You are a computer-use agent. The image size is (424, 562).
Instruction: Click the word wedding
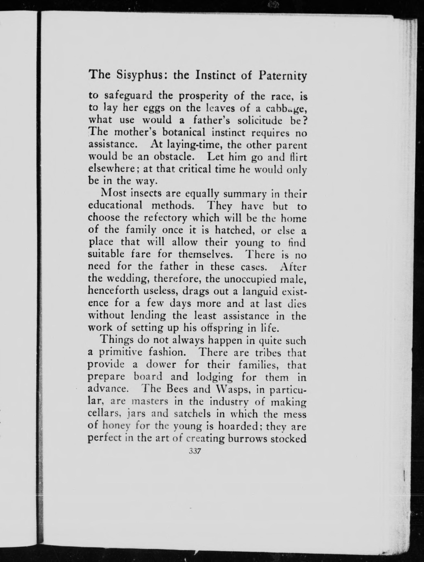(x=124, y=279)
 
